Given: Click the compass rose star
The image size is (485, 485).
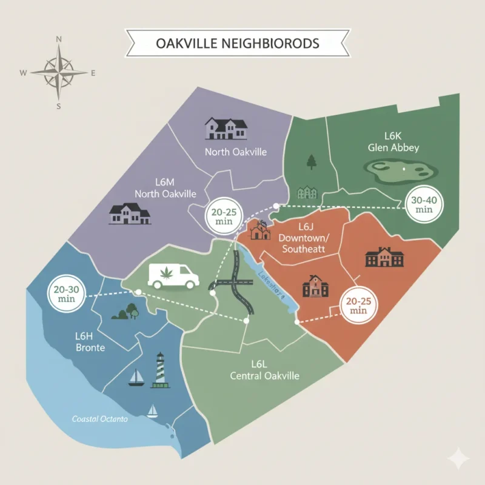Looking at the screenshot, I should point(59,72).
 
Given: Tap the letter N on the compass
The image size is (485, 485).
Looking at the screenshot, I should point(59,39).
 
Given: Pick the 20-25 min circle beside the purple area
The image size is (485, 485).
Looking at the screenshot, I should point(224,216).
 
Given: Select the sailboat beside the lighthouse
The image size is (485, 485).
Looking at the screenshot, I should point(136,378).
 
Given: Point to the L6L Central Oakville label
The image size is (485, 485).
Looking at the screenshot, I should point(265,370).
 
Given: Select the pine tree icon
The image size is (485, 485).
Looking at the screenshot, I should point(312,162).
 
